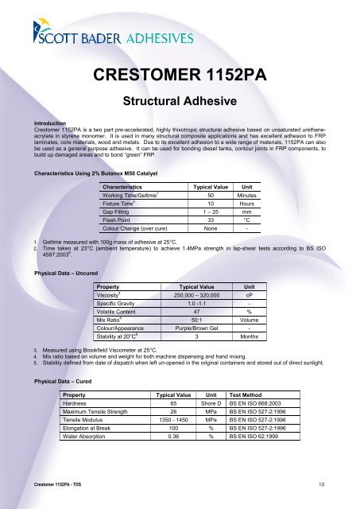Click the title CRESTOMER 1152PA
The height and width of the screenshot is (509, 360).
[x=180, y=76]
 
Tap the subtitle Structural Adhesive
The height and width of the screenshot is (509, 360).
[x=179, y=102]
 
